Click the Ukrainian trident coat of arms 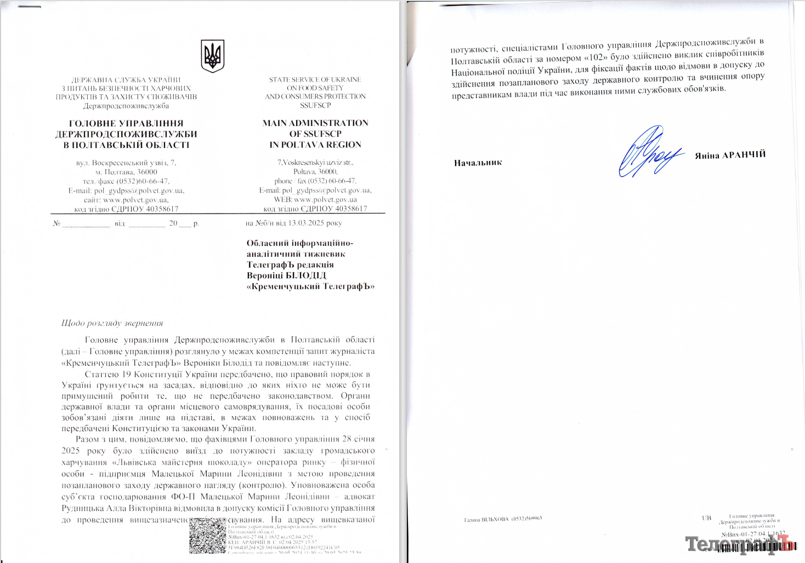point(212,55)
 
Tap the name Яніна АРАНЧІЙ point(730,155)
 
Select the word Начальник point(478,163)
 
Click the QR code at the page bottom point(207,536)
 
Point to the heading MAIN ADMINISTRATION point(315,123)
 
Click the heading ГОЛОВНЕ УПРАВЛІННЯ point(126,123)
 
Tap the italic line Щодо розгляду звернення point(112,323)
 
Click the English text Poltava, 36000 point(315,171)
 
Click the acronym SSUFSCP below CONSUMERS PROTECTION point(315,105)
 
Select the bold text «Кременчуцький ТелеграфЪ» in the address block point(310,286)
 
